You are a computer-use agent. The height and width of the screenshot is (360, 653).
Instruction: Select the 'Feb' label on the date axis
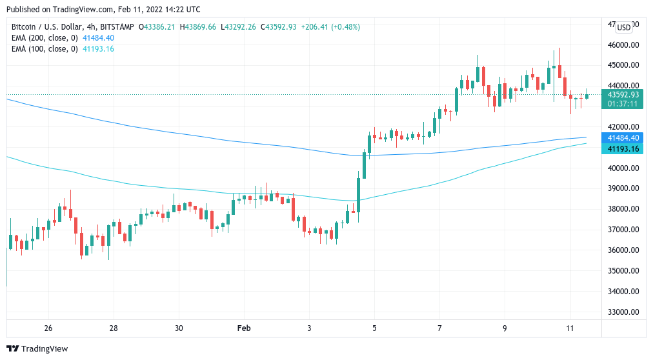click(x=244, y=328)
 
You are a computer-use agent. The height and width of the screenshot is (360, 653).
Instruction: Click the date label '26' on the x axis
click(x=48, y=328)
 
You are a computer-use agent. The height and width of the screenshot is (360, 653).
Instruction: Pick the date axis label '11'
click(x=570, y=328)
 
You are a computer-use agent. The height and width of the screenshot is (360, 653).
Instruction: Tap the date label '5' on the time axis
click(x=374, y=328)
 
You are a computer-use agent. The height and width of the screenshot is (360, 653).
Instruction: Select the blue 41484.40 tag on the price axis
click(x=623, y=137)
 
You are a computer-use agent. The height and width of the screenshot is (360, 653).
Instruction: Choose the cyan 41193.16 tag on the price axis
click(x=623, y=148)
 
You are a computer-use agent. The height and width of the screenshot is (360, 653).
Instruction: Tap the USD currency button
click(x=624, y=27)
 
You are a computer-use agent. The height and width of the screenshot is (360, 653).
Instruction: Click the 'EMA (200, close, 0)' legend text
click(x=44, y=38)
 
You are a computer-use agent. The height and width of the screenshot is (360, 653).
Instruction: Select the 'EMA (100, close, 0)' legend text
click(x=44, y=49)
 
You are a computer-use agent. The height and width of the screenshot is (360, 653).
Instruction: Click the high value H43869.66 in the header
click(x=199, y=27)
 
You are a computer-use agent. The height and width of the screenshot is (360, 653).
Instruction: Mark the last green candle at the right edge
click(x=587, y=95)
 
